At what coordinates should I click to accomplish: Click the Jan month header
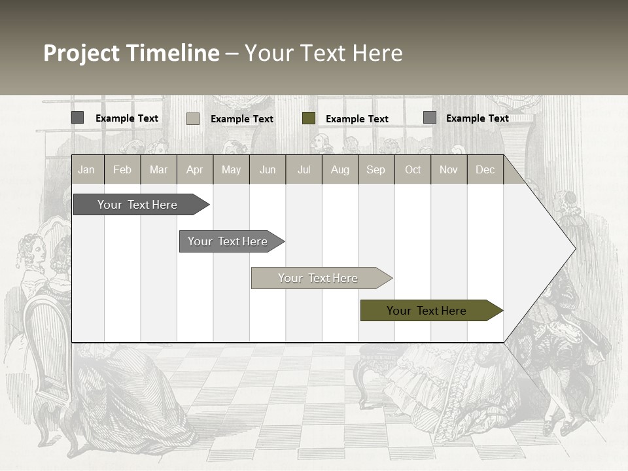pos(86,169)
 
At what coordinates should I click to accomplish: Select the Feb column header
pos(122,169)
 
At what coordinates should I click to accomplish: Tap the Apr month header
pos(194,169)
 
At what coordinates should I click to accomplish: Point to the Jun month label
pos(268,169)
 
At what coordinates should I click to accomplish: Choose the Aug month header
pos(340,169)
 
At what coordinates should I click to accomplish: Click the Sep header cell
pos(375,169)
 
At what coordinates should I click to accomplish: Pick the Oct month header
pos(413,169)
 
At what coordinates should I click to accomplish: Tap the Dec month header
pos(485,169)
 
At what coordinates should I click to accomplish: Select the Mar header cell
pos(158,169)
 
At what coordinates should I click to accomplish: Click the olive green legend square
pos(309,118)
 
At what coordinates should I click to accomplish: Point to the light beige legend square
pos(193,118)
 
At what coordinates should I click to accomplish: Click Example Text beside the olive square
pos(357,119)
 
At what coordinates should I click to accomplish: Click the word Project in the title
pos(82,53)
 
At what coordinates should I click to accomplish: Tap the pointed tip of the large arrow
pos(574,248)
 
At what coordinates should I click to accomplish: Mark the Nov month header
pos(448,169)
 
